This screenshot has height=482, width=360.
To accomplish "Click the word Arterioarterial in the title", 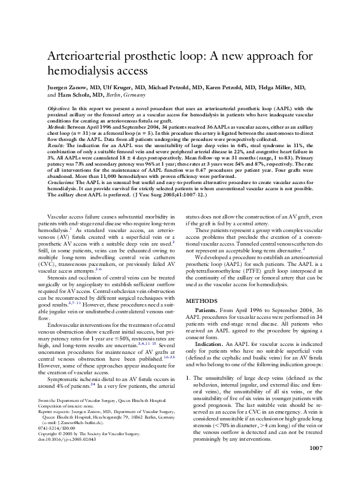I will (x=92, y=56).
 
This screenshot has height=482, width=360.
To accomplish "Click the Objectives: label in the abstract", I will (x=62, y=108).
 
